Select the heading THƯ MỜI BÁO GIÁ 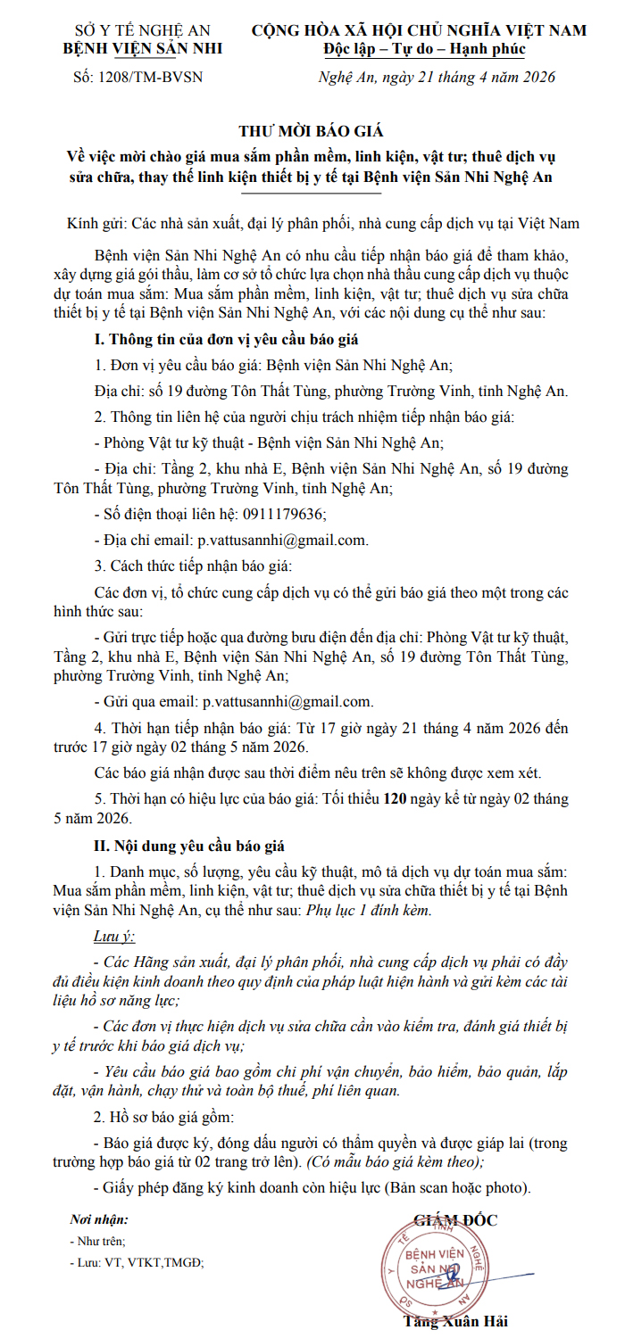point(312,131)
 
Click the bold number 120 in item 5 point(395,799)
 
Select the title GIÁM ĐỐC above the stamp point(455,1220)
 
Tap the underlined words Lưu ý point(113,936)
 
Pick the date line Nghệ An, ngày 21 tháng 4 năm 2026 point(437,77)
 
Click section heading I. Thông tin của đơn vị point(227,340)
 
